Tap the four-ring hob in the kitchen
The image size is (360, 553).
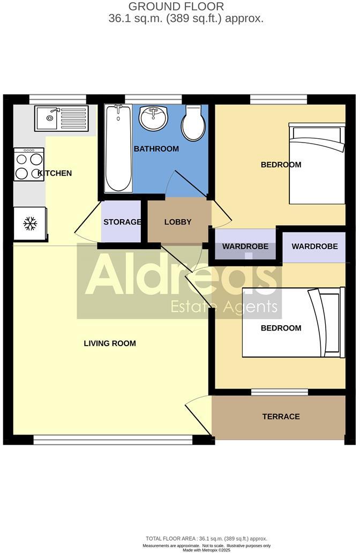tap(29, 165)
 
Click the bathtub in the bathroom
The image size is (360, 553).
tap(118, 148)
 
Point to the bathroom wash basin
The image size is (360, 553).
tap(153, 117)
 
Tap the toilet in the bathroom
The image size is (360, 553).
tap(193, 123)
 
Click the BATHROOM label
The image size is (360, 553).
tap(156, 148)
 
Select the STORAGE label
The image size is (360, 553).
tap(122, 222)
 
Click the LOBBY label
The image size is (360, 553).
tap(178, 222)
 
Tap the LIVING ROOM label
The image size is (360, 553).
tap(110, 343)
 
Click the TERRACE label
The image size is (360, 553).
tap(281, 416)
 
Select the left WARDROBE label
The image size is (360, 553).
tap(245, 246)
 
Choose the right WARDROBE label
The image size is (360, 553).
tap(314, 246)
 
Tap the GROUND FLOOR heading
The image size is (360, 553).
tap(176, 7)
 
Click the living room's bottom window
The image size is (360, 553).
tap(112, 440)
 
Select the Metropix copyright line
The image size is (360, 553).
tap(206, 550)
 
